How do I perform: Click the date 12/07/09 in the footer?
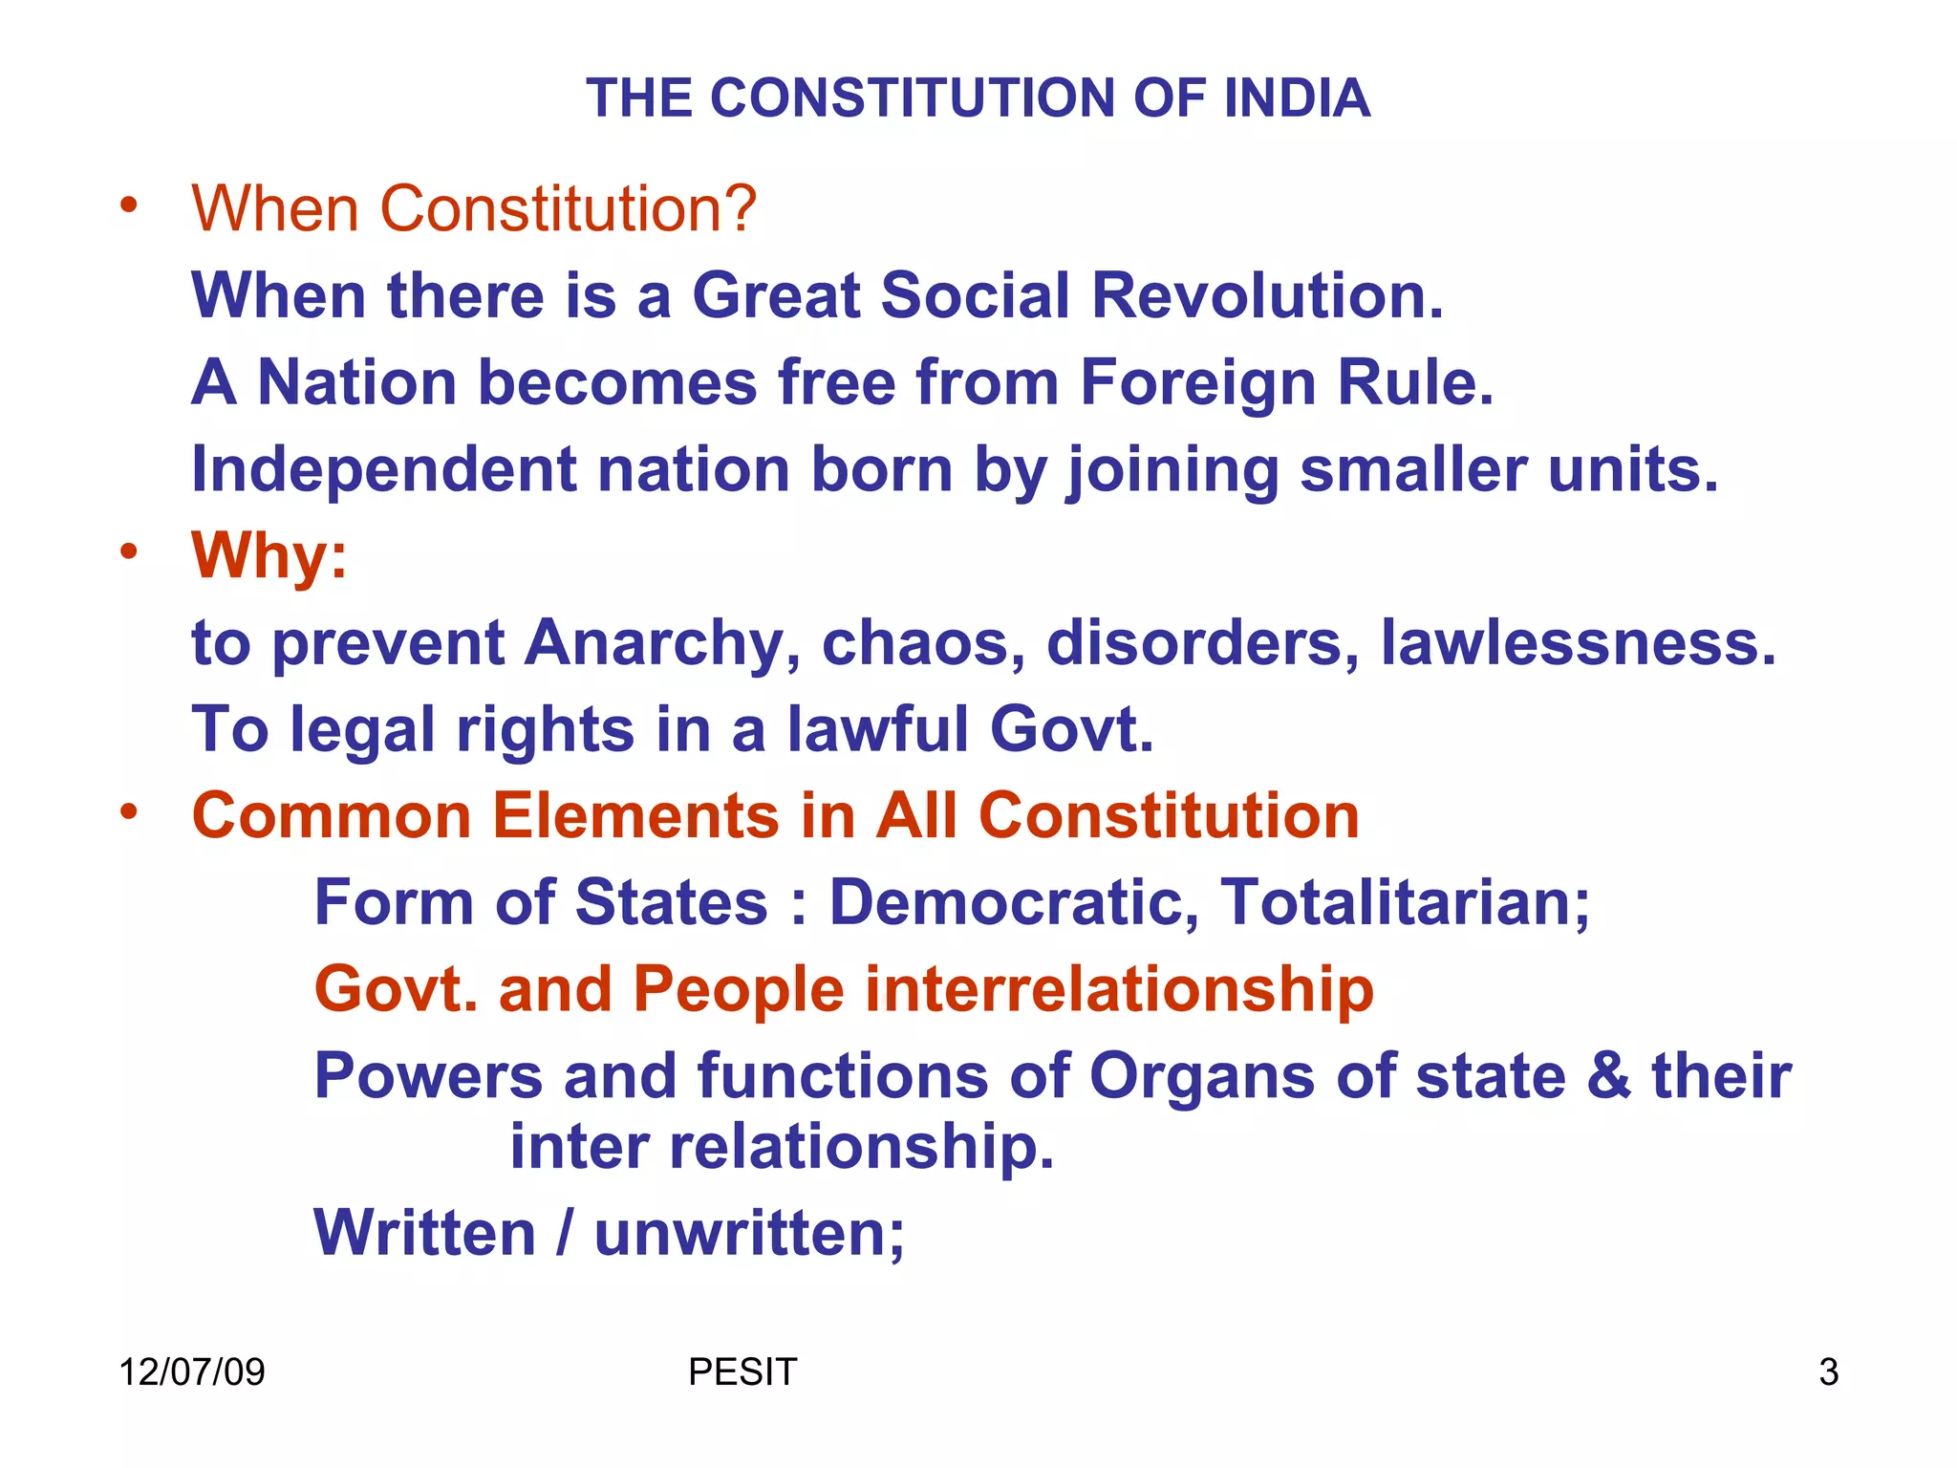point(191,1372)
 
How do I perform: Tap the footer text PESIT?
point(742,1372)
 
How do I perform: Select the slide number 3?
point(1828,1372)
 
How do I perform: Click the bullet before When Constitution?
point(130,205)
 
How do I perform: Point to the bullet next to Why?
point(130,551)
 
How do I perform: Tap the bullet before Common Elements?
point(130,812)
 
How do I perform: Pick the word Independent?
point(384,469)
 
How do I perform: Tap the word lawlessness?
point(1578,643)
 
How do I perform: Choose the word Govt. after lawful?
point(1072,730)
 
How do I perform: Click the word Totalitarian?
point(1405,903)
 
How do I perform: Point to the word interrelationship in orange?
point(1119,989)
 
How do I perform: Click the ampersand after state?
point(1609,1076)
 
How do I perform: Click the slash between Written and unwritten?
point(566,1233)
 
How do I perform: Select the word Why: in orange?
point(269,556)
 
